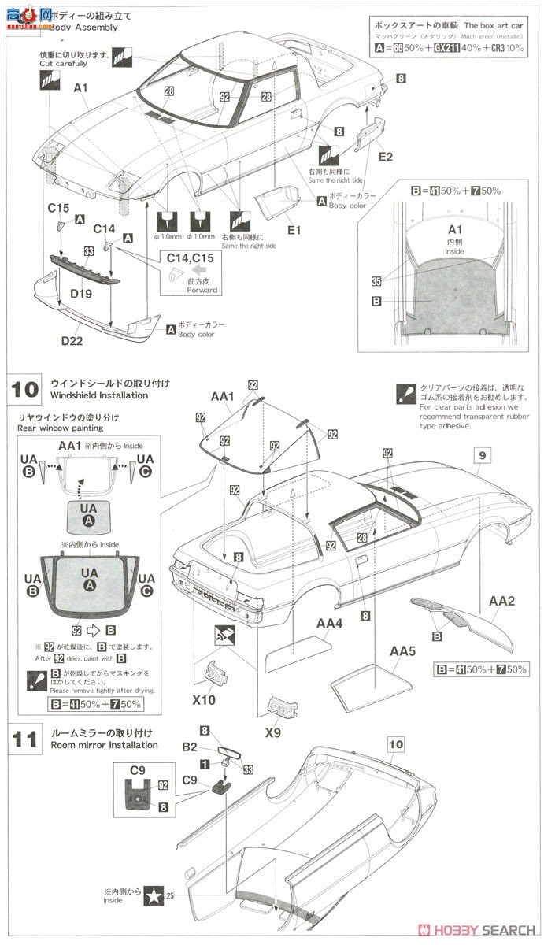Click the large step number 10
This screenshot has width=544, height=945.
[25, 388]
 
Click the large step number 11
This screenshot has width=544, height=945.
[25, 738]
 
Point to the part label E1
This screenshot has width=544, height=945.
[294, 231]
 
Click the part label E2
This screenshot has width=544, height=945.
[385, 157]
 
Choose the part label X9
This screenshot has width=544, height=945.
[273, 732]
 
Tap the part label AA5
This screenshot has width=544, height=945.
[402, 651]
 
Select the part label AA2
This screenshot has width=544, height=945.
[501, 600]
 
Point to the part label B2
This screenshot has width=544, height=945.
[189, 745]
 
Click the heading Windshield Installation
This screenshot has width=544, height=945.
[98, 395]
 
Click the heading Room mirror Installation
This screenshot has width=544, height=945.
[104, 744]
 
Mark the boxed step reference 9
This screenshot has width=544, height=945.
[482, 454]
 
